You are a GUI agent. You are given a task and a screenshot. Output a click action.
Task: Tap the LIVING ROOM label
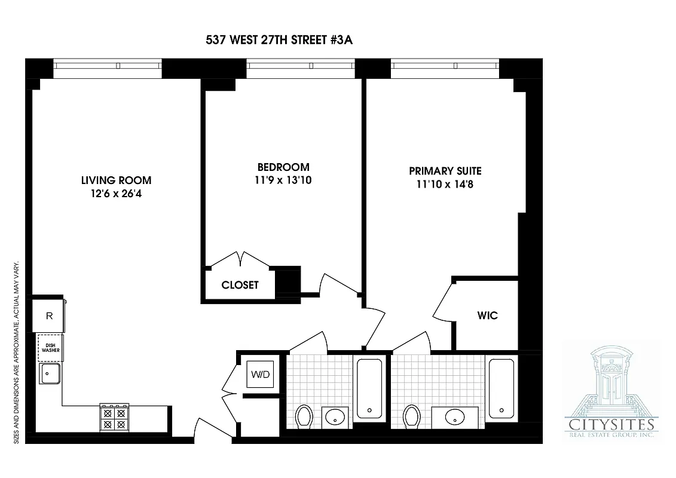[117, 180]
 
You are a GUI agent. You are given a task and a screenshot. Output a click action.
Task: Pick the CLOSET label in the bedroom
[240, 285]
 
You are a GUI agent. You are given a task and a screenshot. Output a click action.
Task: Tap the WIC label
[487, 315]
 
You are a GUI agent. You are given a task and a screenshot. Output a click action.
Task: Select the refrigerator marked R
[50, 316]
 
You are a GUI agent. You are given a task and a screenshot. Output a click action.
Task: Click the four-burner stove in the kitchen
[114, 417]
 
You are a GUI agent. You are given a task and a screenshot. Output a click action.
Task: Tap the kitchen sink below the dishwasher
[49, 375]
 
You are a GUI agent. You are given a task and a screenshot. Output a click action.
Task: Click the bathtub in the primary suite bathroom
[500, 388]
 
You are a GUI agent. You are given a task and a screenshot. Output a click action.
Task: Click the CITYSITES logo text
[610, 425]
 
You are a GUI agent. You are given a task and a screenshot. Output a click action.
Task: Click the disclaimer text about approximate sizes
[17, 352]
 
